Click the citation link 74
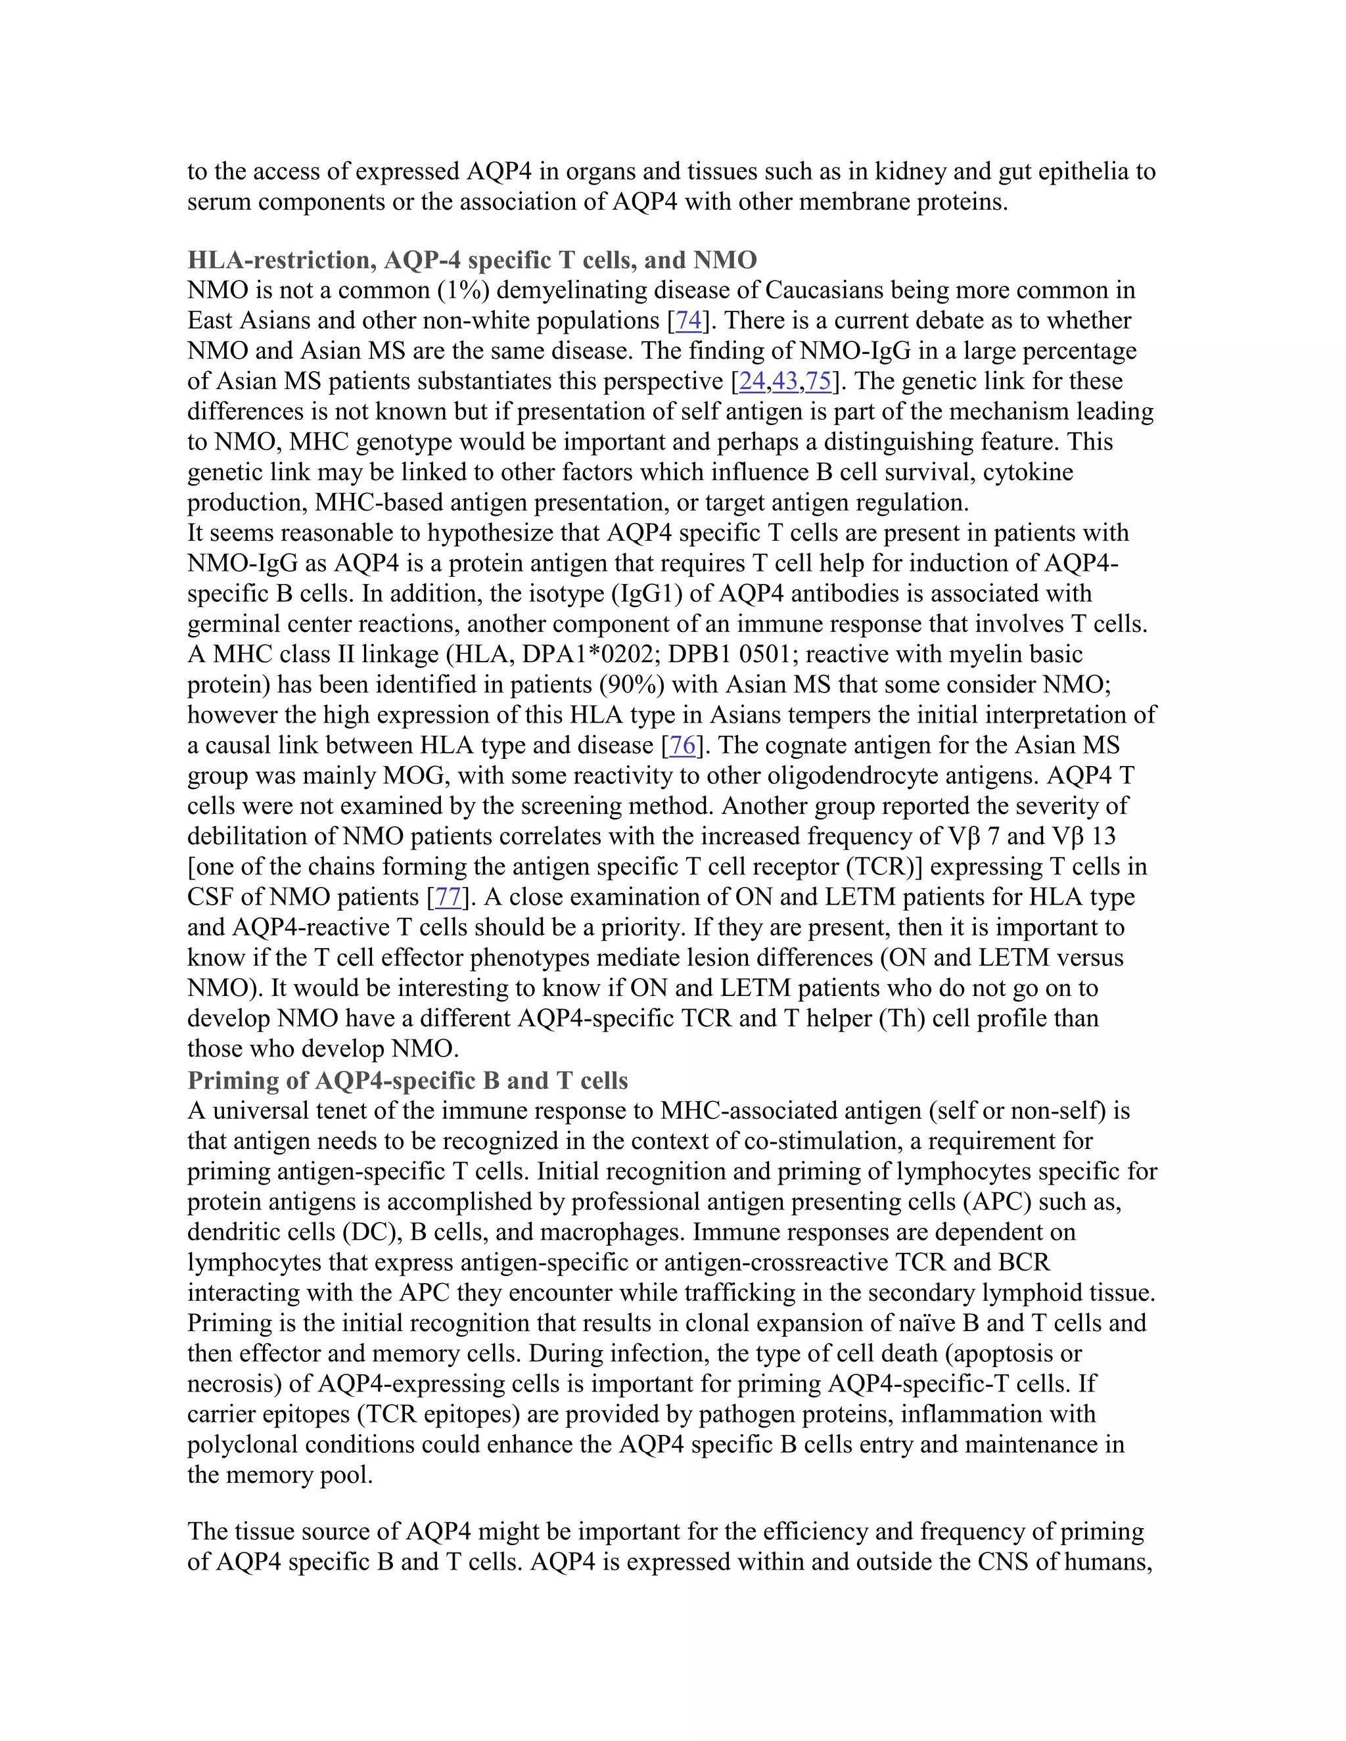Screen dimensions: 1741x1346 tap(688, 321)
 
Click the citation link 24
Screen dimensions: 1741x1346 tap(752, 381)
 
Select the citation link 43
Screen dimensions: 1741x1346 tap(785, 381)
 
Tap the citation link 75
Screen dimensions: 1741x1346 tap(818, 381)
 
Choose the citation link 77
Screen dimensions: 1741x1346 tap(448, 897)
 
